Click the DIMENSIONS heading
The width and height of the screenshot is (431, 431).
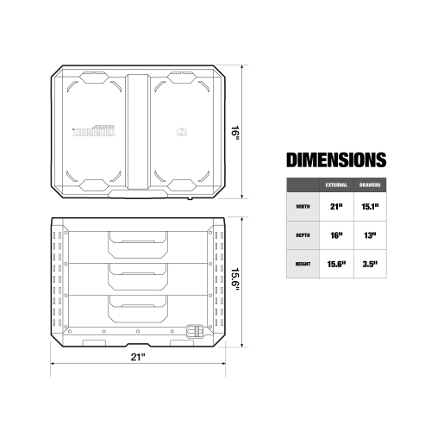point(335,159)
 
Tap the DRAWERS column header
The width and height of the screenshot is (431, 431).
point(372,185)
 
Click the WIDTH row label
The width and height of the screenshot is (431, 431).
point(302,207)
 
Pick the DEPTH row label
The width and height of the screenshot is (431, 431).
point(302,235)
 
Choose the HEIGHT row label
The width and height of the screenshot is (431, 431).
point(302,264)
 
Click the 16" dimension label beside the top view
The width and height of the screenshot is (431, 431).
point(234,133)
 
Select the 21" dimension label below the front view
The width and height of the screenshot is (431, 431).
point(138,356)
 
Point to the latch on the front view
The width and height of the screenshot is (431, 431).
point(197,330)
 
